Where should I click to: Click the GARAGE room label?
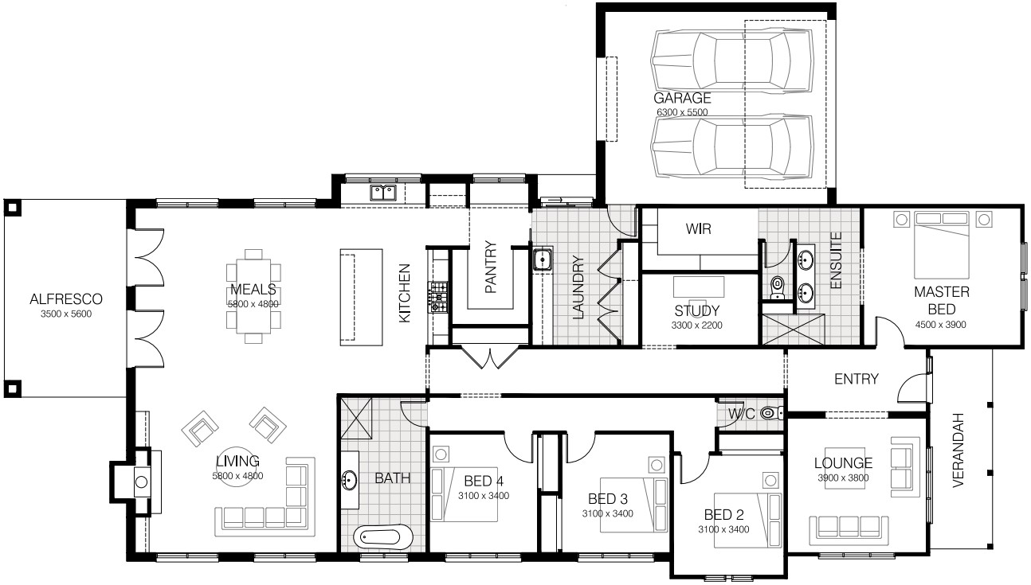(x=682, y=98)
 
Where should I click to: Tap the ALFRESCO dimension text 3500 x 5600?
(x=66, y=314)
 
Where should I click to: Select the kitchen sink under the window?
(x=383, y=193)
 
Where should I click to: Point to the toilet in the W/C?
(x=772, y=413)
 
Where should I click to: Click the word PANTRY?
(x=491, y=267)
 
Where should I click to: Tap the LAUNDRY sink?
(x=543, y=259)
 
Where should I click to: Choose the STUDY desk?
(x=698, y=287)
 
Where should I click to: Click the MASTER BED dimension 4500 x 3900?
(x=940, y=325)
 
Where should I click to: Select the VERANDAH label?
(x=958, y=450)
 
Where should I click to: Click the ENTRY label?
(x=856, y=379)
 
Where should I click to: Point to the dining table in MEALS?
(x=253, y=296)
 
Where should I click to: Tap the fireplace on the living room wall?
(x=142, y=482)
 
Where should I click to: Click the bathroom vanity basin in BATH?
(x=349, y=481)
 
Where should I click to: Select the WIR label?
(x=698, y=228)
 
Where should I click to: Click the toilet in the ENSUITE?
(x=778, y=287)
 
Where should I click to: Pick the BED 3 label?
(x=608, y=499)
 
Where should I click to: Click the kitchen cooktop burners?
(x=437, y=298)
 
